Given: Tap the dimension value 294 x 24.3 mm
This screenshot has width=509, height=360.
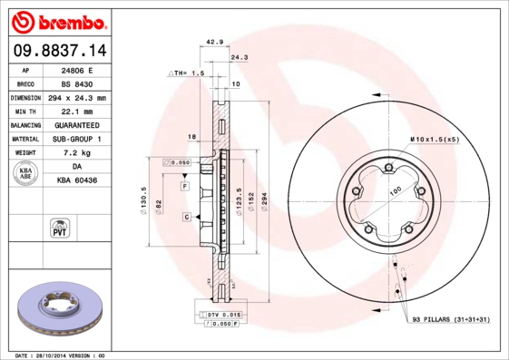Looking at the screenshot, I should [76, 97].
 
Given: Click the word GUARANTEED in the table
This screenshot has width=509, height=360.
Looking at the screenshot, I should [76, 124].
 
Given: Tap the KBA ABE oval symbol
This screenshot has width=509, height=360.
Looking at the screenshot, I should [26, 174].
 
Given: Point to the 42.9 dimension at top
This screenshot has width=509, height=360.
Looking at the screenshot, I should [214, 43].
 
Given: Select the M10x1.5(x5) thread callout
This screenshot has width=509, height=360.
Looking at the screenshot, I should [434, 140].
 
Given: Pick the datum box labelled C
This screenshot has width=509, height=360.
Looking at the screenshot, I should [185, 217].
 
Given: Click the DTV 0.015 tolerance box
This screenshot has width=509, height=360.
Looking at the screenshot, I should [220, 313].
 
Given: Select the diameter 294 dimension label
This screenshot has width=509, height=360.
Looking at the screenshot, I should [264, 201].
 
